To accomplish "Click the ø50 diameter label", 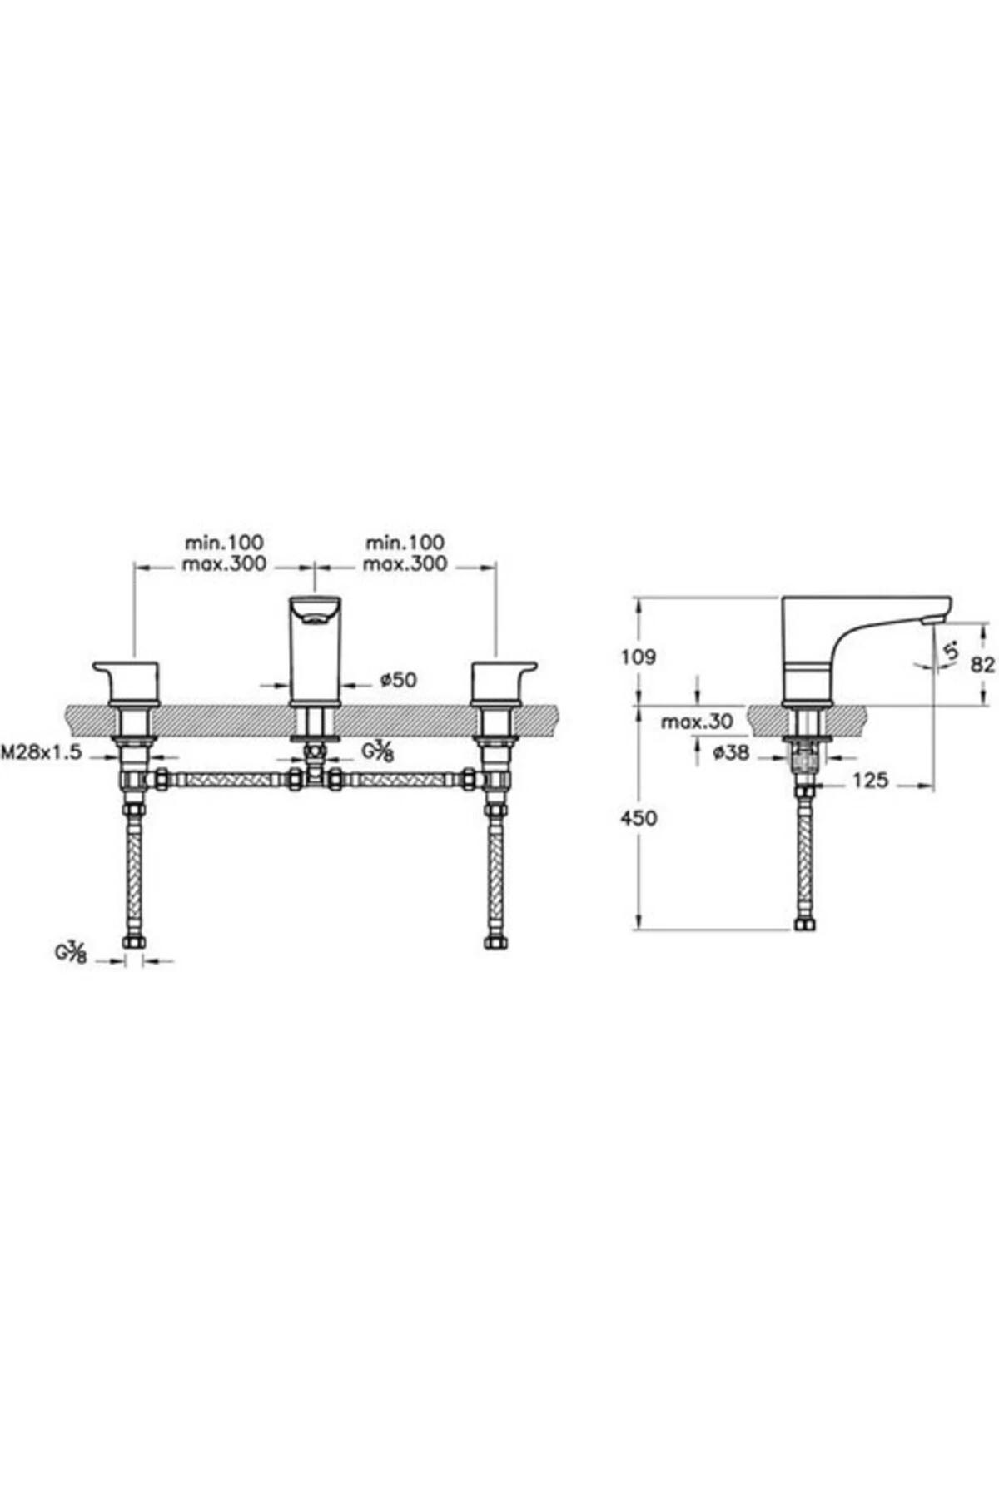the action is pyautogui.click(x=398, y=680).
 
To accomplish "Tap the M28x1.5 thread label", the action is pyautogui.click(x=42, y=753).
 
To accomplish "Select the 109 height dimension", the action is pyautogui.click(x=639, y=657).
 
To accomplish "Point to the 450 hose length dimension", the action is pyautogui.click(x=639, y=818).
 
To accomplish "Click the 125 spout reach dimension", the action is pyautogui.click(x=870, y=781).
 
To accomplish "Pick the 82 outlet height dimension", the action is pyautogui.click(x=983, y=665).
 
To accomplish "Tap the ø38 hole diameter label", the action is pyautogui.click(x=732, y=753).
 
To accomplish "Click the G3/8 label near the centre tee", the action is pyautogui.click(x=377, y=751).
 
